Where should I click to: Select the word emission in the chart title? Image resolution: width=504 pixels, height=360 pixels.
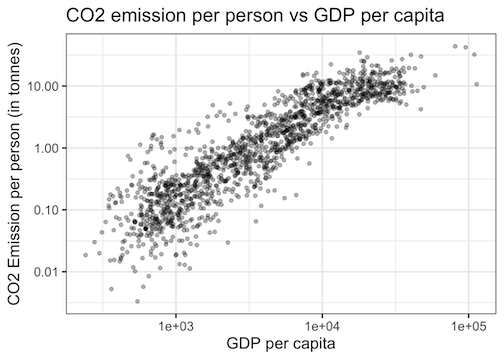click(152, 16)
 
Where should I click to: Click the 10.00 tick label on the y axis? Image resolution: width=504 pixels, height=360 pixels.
click(46, 86)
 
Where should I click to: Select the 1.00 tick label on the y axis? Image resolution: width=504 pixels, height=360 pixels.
click(49, 148)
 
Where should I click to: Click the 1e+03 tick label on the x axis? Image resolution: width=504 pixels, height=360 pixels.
click(176, 325)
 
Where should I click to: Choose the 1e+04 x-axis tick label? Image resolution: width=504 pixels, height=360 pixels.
click(322, 325)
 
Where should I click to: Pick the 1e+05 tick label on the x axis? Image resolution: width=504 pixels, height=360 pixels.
click(468, 325)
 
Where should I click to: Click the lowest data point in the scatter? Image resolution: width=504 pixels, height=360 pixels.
click(138, 301)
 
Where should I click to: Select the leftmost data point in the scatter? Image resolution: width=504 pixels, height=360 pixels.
click(86, 255)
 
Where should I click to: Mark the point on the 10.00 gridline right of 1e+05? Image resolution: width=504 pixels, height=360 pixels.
click(476, 85)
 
